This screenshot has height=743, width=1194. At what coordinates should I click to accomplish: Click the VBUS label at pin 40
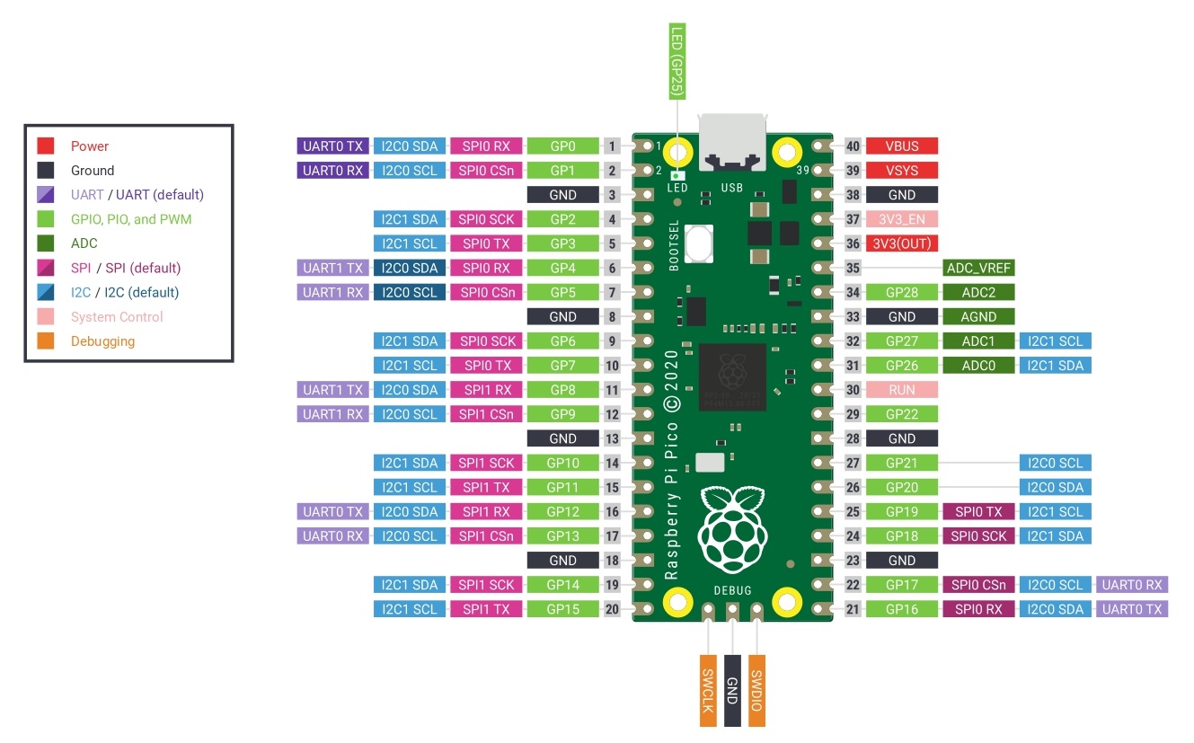pos(901,146)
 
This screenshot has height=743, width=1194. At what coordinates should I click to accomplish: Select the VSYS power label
pos(901,170)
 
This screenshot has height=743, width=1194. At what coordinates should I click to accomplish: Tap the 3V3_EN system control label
pos(901,219)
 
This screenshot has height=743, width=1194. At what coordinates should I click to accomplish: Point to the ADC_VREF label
pos(979,268)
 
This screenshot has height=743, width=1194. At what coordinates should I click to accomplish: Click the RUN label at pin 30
pos(901,390)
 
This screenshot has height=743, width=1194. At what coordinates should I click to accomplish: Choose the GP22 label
pos(901,414)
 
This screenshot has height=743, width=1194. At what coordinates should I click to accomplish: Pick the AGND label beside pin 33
pos(979,316)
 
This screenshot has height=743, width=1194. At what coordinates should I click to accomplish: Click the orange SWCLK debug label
pos(708,689)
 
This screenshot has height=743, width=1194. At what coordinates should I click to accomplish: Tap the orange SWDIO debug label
pos(756,689)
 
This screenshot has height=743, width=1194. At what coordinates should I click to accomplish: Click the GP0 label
pos(562,146)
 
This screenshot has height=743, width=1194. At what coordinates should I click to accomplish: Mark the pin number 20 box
pos(612,609)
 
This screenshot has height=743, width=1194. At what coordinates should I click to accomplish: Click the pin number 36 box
pos(853,243)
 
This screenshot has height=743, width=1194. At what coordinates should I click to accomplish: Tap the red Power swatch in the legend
pos(46,146)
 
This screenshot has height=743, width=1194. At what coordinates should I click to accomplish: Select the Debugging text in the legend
pos(102,341)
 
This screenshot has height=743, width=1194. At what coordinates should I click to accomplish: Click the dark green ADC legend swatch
pos(46,243)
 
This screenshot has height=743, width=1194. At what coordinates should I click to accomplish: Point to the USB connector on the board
pos(732,143)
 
